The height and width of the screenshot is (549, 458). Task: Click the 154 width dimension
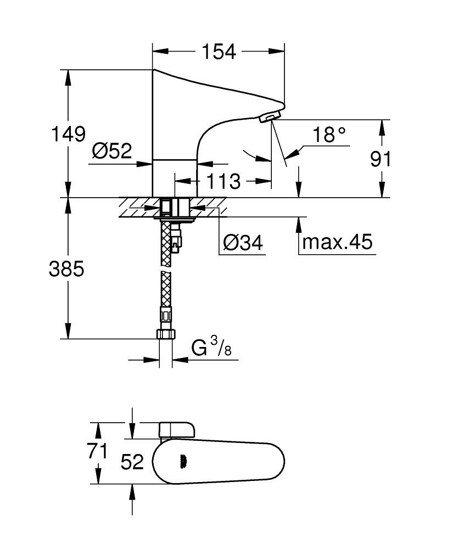click(219, 52)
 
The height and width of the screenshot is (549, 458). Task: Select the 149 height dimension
click(69, 134)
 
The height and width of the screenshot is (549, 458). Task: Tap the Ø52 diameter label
click(112, 150)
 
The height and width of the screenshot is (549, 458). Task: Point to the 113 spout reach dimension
click(224, 181)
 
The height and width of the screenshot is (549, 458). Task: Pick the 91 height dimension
click(381, 159)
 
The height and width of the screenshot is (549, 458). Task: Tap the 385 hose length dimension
click(66, 269)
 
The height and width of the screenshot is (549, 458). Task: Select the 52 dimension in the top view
click(132, 462)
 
